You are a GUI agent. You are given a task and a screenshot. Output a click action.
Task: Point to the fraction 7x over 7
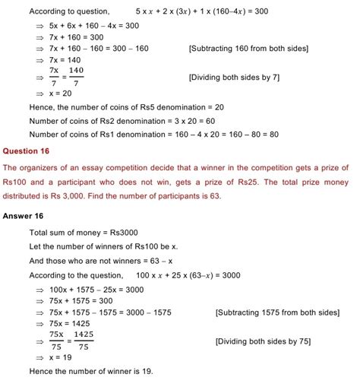tap(54, 78)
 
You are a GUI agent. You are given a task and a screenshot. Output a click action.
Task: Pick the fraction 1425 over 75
tap(84, 341)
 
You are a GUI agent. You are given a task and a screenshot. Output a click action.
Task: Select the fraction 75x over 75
tap(56, 341)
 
